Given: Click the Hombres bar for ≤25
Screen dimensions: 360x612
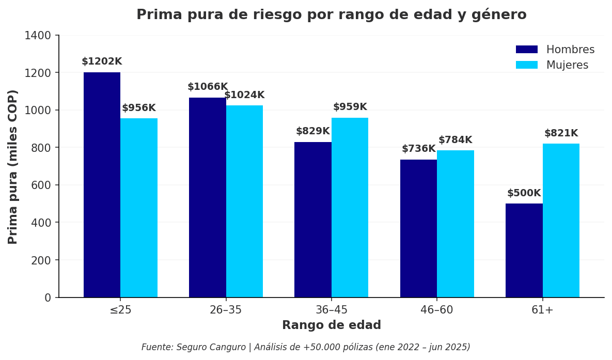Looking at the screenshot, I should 102,185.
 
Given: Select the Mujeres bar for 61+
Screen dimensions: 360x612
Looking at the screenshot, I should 561,221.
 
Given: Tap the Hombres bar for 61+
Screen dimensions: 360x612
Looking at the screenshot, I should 524,251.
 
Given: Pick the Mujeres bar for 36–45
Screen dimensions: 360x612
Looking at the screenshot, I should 350,208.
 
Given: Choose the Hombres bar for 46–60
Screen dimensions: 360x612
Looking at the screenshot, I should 418,228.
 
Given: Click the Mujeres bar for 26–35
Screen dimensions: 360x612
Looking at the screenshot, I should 244,201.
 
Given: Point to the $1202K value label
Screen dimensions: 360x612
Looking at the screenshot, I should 102,61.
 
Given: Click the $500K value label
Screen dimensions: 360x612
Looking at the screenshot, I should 524,193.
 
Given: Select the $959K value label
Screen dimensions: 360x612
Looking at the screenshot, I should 350,107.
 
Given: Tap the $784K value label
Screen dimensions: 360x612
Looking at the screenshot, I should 455,140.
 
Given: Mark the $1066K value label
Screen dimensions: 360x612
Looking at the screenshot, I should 207,87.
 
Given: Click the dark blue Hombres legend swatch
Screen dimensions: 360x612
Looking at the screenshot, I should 526,50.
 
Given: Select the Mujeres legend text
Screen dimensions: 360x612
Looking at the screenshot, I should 567,65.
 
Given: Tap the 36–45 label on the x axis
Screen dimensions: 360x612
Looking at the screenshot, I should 331,310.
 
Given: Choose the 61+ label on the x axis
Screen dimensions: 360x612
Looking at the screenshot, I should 542,310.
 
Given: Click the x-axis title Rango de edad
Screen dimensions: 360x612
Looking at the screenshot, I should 331,325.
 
